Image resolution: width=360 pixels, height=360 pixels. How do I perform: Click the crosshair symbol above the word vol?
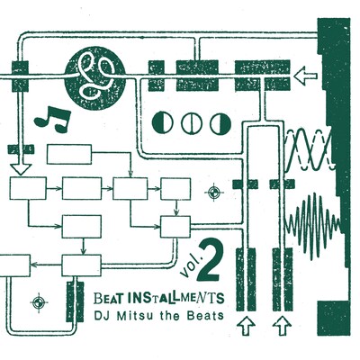(213, 192)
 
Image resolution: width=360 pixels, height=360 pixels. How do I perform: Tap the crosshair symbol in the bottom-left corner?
(38, 300)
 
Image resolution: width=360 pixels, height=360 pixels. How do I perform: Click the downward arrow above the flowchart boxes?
(21, 167)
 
